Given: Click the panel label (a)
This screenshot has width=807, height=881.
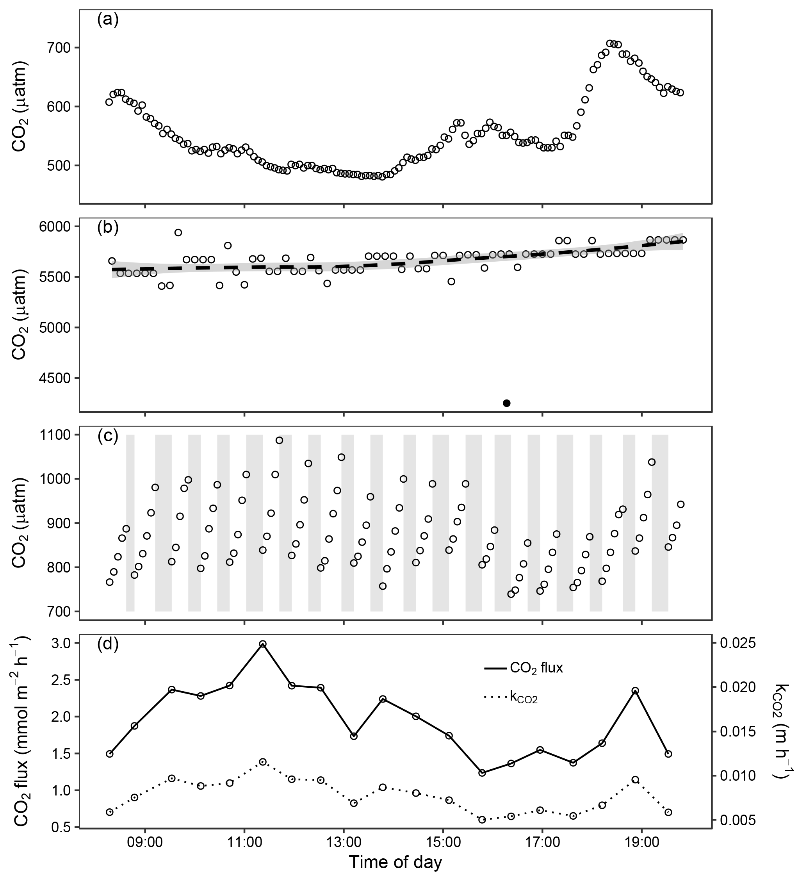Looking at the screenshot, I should point(107,20).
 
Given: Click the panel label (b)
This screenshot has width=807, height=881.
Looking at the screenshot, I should point(107,228).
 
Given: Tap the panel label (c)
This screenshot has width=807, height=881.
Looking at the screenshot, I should point(107,437).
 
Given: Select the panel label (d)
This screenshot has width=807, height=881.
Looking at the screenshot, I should point(107,645).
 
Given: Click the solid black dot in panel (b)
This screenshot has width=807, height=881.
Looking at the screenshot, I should point(506,403).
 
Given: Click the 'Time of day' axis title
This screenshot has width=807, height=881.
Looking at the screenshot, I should point(395,863).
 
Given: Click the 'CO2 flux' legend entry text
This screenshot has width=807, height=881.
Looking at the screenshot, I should point(536,668).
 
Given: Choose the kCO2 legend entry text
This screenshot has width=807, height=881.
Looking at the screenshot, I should point(524,697).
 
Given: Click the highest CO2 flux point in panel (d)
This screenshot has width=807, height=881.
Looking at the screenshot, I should point(263,644).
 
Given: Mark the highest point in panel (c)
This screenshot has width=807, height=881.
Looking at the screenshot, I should point(279,440).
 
